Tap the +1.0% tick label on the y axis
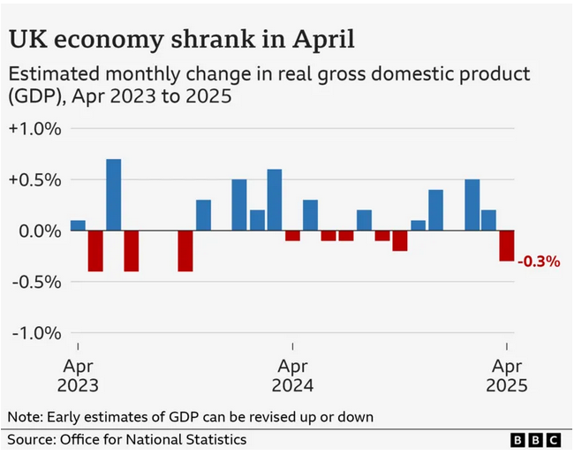point(34,128)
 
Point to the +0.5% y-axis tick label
point(34,179)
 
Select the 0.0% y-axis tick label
point(37,231)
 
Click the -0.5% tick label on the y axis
point(36,282)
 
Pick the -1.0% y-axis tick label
point(36,333)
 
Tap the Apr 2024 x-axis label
point(293,376)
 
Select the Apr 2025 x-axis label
point(506,376)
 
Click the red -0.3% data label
point(539,262)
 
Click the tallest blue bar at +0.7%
point(113,195)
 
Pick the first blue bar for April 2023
point(78,225)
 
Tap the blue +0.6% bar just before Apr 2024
point(274,201)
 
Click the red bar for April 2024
point(292,235)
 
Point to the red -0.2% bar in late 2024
point(400,240)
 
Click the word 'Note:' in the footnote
point(24,416)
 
